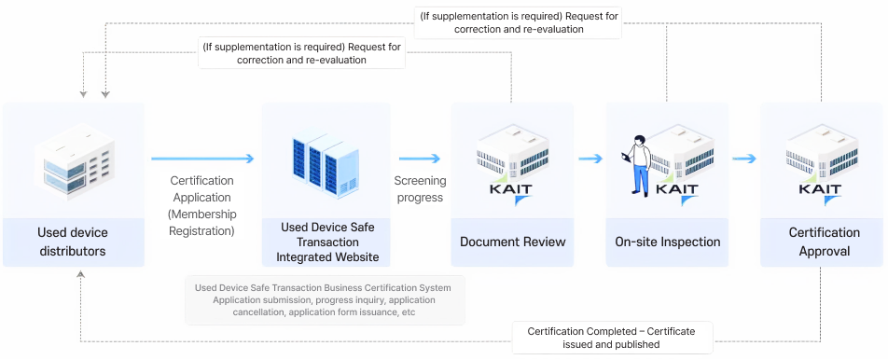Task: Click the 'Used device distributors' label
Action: (x=73, y=242)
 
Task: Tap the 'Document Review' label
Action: (x=512, y=242)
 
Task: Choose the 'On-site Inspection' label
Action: (x=667, y=242)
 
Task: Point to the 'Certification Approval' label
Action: (x=824, y=242)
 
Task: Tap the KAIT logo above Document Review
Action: (x=512, y=190)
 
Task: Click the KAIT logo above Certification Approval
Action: (x=821, y=190)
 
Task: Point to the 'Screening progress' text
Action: (x=420, y=188)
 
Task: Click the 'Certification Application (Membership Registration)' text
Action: (x=201, y=205)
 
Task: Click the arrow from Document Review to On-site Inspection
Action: (x=590, y=159)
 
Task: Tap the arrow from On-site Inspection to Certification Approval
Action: (x=743, y=159)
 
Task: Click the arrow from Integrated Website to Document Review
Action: (x=420, y=159)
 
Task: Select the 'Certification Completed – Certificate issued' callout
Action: (x=612, y=337)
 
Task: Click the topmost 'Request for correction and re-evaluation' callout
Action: (x=519, y=22)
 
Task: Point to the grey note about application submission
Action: (x=324, y=299)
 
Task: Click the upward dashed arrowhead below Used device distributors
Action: (x=81, y=274)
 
